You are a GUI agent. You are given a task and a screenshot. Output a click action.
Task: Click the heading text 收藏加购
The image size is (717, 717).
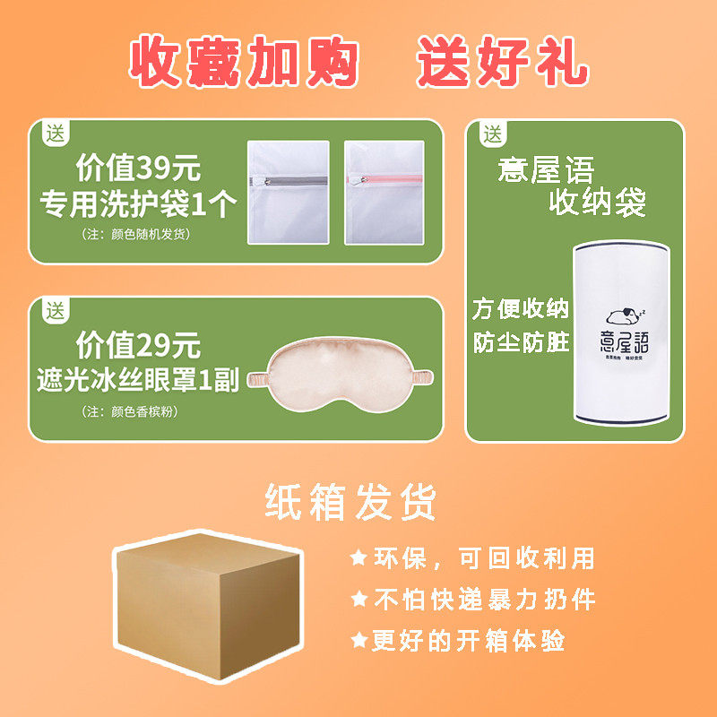pos(245,62)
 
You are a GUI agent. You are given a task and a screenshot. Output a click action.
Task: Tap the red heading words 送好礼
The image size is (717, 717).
pos(502,62)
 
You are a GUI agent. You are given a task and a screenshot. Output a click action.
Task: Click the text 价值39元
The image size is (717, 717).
pos(138,168)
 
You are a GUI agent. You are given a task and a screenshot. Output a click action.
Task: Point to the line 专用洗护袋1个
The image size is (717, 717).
pos(138,204)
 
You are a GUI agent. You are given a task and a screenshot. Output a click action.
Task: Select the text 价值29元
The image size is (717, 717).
pos(138,344)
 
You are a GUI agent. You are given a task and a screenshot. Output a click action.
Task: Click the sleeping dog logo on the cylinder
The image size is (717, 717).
pos(619,315)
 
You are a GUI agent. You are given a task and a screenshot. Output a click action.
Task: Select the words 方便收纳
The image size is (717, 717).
pos(521,309)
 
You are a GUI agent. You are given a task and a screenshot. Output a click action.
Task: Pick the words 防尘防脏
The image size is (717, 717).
pos(521,343)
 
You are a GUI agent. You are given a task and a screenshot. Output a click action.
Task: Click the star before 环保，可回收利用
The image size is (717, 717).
pos(358,558)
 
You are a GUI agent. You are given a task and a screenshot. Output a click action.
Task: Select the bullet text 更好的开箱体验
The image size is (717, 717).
pos(469,640)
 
